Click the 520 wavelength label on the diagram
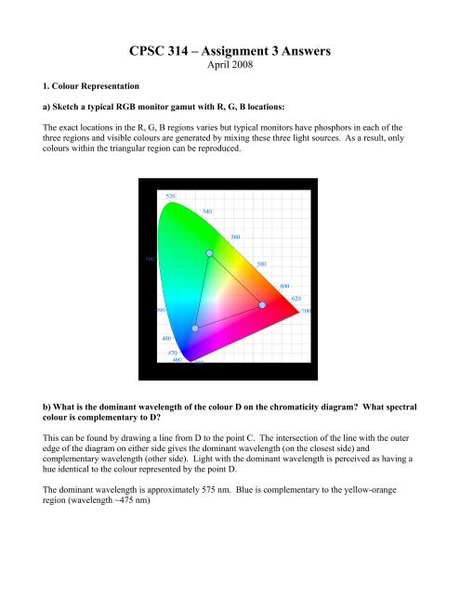(171, 196)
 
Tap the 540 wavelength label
(207, 212)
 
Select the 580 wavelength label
(263, 265)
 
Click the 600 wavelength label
(284, 286)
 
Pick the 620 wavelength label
(296, 298)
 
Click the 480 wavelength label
(167, 337)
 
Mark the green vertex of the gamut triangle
(210, 252)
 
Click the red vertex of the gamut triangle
(262, 304)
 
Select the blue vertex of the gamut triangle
(195, 329)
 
